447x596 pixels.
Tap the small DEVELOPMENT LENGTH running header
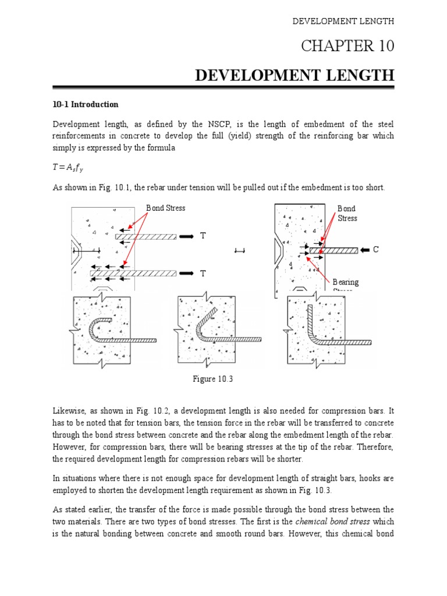[x=343, y=21]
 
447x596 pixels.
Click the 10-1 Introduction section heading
[x=86, y=105]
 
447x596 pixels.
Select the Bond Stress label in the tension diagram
[x=165, y=208]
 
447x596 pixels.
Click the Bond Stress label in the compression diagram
[x=347, y=213]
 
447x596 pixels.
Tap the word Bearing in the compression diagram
[x=346, y=282]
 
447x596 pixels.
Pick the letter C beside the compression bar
[x=376, y=250]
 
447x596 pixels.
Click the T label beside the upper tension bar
[x=203, y=236]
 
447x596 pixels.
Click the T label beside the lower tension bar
[x=203, y=273]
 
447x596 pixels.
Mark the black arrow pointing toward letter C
[x=364, y=250]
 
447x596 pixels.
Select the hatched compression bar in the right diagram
[x=334, y=250]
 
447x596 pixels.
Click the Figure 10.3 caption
[x=212, y=379]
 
